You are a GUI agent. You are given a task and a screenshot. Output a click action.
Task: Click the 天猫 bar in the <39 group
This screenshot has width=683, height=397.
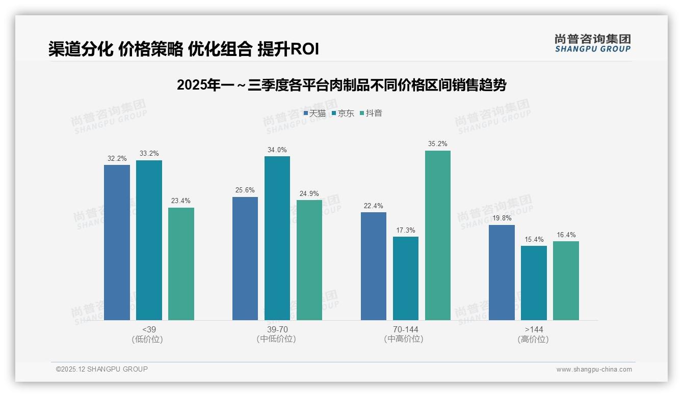tap(117, 242)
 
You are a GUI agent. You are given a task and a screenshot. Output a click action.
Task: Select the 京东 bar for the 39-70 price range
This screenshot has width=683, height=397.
tap(277, 238)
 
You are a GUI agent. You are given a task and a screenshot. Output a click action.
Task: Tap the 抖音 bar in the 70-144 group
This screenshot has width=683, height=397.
tap(437, 235)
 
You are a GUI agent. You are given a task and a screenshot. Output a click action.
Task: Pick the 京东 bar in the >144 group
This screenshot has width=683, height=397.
tap(534, 283)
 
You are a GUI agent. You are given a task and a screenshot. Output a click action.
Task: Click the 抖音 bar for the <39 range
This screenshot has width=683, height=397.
tap(181, 264)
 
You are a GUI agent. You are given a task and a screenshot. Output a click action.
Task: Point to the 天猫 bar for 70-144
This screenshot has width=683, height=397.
tap(373, 266)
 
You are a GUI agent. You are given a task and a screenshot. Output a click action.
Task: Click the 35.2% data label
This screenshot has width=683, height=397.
tap(437, 144)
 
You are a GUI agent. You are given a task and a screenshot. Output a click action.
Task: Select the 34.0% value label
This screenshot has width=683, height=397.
tap(277, 150)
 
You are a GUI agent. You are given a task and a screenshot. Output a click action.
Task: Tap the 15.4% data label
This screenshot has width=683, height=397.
tap(534, 240)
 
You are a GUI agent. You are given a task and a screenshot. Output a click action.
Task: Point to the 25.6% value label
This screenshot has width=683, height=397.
tap(245, 190)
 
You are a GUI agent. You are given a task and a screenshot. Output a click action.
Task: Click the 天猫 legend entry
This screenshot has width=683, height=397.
tap(314, 114)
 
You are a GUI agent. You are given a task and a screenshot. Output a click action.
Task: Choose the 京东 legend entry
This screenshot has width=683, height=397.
tap(343, 114)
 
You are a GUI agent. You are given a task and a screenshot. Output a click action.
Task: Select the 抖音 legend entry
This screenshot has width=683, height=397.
tap(371, 114)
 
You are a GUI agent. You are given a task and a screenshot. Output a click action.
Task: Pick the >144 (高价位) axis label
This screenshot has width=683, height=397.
tap(534, 334)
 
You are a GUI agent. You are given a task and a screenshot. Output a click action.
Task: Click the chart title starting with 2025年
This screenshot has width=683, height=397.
tap(341, 85)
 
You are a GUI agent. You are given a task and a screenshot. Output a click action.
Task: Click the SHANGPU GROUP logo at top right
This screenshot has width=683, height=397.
tap(592, 43)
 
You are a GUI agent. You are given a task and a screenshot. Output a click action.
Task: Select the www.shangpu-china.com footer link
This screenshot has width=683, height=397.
tap(594, 370)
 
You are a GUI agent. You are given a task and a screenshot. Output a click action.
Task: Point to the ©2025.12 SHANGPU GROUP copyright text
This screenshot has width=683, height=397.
tap(102, 369)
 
